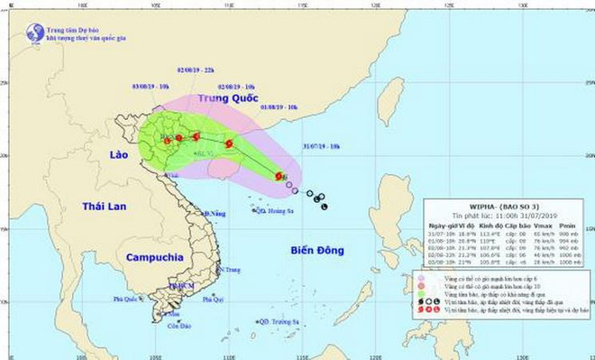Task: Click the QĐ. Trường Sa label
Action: click(x=277, y=321)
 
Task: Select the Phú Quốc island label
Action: click(x=129, y=298)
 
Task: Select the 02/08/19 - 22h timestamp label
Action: click(x=197, y=69)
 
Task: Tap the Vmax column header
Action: click(x=543, y=225)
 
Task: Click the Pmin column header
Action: click(x=569, y=225)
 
